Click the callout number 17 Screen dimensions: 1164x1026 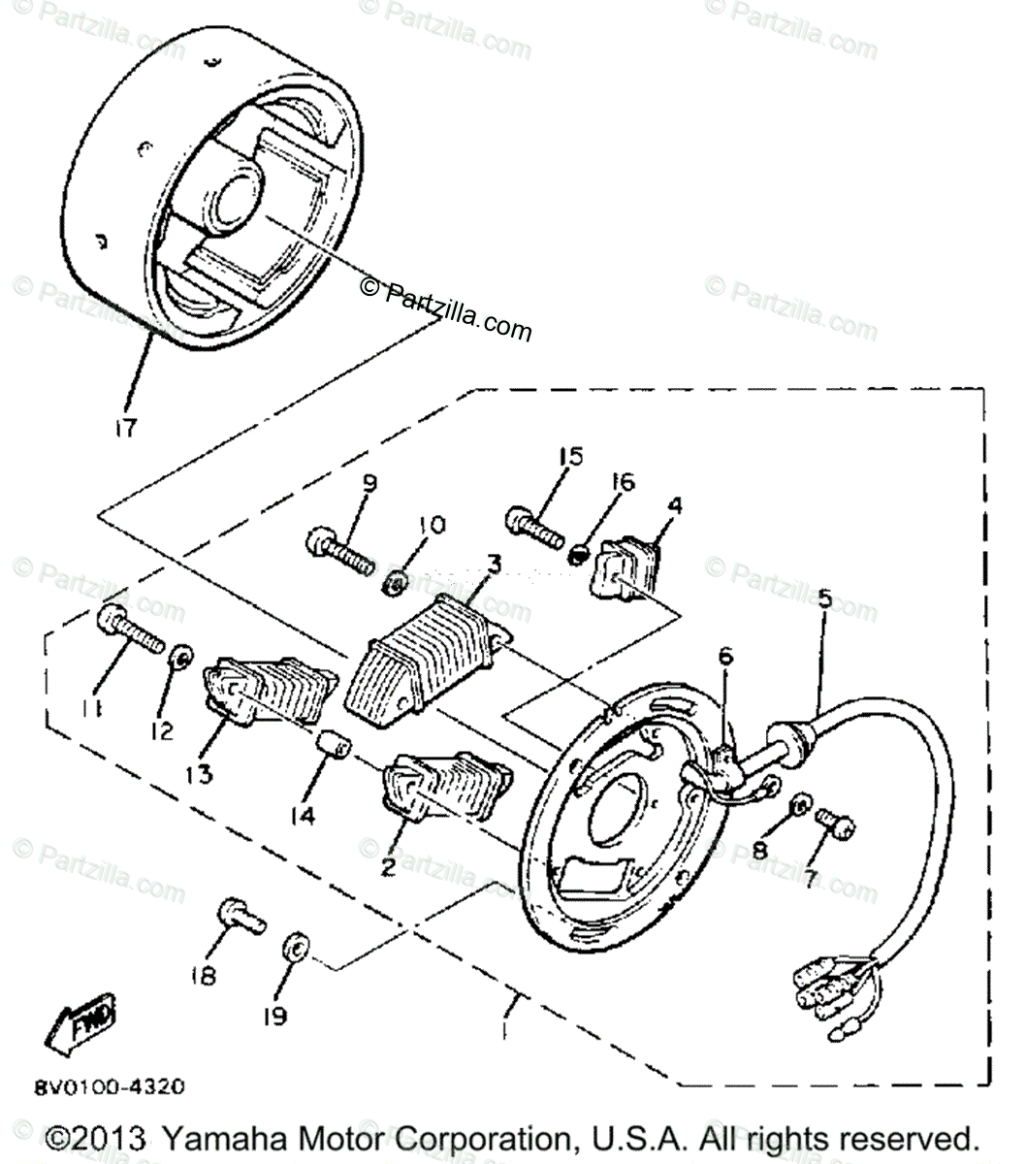pyautogui.click(x=128, y=427)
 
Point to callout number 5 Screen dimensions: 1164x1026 pyautogui.click(x=824, y=598)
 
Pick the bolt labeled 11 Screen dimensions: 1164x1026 pyautogui.click(x=132, y=629)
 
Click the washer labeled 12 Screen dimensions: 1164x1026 pyautogui.click(x=180, y=656)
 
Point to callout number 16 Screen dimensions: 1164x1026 pyautogui.click(x=622, y=482)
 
